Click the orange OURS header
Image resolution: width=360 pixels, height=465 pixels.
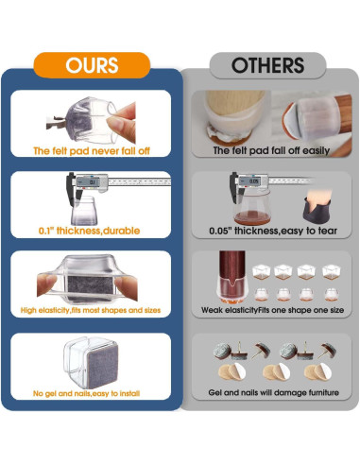(91, 64)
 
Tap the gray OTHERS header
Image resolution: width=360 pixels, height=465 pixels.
(267, 64)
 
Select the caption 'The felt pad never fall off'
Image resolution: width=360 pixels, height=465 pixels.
(91, 150)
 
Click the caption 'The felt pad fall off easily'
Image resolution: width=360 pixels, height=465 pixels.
(267, 150)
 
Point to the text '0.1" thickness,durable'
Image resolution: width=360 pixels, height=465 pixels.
(91, 229)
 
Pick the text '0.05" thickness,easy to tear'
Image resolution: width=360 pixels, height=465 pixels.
(267, 230)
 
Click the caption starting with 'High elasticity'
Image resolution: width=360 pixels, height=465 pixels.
(91, 310)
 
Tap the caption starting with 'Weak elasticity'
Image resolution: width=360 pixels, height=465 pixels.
(267, 310)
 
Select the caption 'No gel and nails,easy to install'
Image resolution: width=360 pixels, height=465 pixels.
(91, 392)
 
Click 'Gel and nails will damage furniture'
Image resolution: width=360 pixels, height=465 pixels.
(267, 392)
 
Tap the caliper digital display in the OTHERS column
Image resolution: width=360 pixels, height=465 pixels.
(254, 181)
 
